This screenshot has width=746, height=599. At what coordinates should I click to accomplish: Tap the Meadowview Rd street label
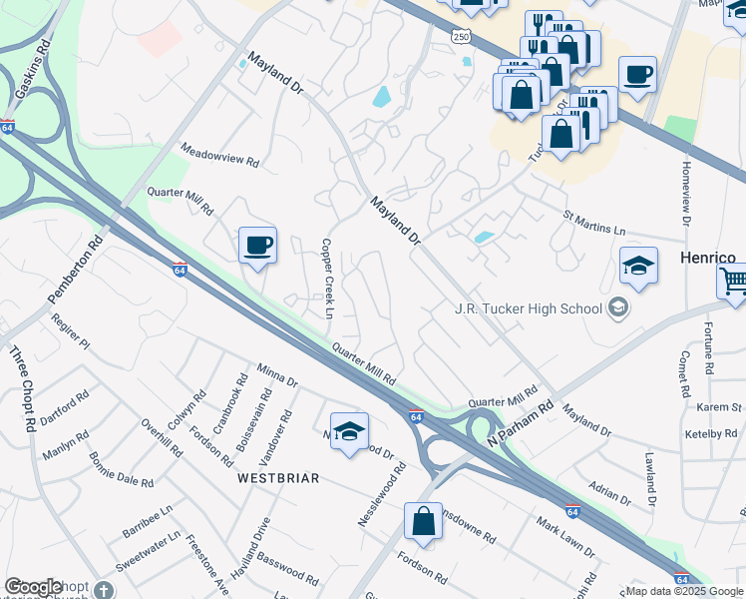pos(219,154)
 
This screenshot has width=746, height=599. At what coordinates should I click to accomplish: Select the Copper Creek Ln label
pos(326,279)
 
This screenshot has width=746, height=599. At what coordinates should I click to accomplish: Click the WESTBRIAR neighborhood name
pos(278,478)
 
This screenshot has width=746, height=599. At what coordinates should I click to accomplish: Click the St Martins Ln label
pos(594,222)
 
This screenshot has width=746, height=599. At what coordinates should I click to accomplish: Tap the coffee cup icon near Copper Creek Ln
pos(257,245)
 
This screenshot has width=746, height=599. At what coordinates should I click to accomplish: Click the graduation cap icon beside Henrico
pos(638,266)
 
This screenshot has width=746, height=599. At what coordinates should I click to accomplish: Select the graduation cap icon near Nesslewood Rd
pos(349,431)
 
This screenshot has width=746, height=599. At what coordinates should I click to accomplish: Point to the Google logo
pos(33,587)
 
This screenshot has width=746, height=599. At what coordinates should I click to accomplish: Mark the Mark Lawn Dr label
pos(565,537)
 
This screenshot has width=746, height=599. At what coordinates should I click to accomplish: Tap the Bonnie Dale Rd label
pos(121,469)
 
